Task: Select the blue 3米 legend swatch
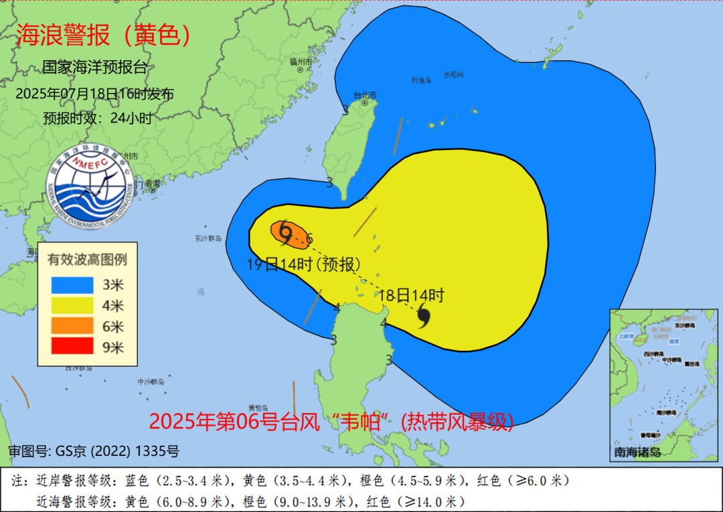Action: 72,284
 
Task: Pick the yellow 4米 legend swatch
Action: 72,305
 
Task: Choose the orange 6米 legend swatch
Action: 72,326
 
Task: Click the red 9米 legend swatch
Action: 72,347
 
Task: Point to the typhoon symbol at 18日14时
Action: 423,315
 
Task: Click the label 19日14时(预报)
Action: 304,264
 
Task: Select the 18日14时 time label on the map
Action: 411,294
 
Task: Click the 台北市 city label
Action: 365,96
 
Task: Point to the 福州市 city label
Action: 301,62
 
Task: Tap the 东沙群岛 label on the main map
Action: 208,238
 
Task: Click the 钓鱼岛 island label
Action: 420,80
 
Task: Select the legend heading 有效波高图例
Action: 87,258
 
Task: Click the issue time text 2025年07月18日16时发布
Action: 94,94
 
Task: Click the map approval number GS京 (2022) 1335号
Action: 94,451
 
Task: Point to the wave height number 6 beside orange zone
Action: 309,238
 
